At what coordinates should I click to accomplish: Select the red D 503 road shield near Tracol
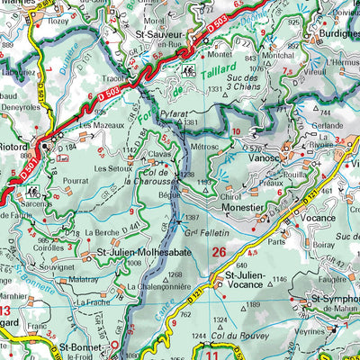[108, 93]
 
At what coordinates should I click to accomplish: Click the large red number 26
[219, 254]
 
